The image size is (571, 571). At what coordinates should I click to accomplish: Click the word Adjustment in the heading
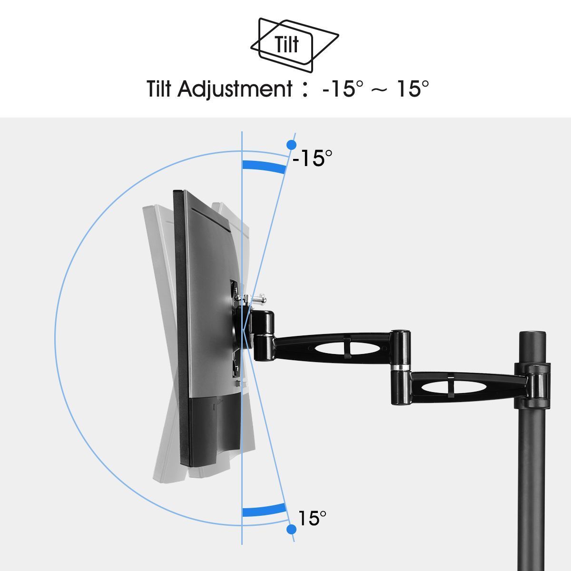click(x=235, y=89)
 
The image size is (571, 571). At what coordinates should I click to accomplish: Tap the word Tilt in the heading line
click(x=159, y=89)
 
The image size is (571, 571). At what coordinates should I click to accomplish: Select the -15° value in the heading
click(x=342, y=89)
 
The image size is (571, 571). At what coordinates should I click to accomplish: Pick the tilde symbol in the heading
click(x=379, y=90)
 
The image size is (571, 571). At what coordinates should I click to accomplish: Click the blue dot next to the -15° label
click(x=291, y=145)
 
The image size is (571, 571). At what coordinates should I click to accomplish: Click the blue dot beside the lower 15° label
click(x=291, y=529)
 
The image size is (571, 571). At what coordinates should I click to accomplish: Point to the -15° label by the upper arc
click(x=312, y=158)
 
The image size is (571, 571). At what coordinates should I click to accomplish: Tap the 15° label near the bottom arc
click(x=312, y=518)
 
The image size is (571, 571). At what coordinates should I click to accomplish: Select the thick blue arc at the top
click(x=264, y=166)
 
